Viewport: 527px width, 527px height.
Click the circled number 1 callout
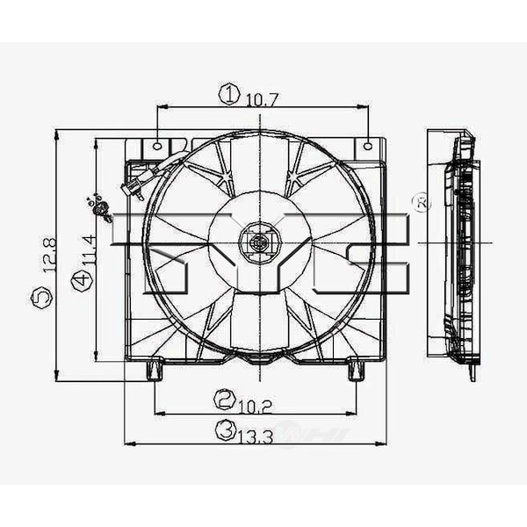229,94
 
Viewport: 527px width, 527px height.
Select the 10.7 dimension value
262,99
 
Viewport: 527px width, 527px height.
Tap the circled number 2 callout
225,400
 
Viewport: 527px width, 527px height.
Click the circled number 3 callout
227,430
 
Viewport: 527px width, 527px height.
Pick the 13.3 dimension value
257,433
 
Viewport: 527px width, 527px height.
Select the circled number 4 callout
82,280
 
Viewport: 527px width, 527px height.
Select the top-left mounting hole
157,146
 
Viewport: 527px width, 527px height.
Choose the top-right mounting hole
368,145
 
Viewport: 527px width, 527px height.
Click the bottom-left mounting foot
155,370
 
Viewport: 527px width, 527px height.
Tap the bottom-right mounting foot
356,370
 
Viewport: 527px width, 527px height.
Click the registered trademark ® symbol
421,203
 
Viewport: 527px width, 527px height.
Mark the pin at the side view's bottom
472,372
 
